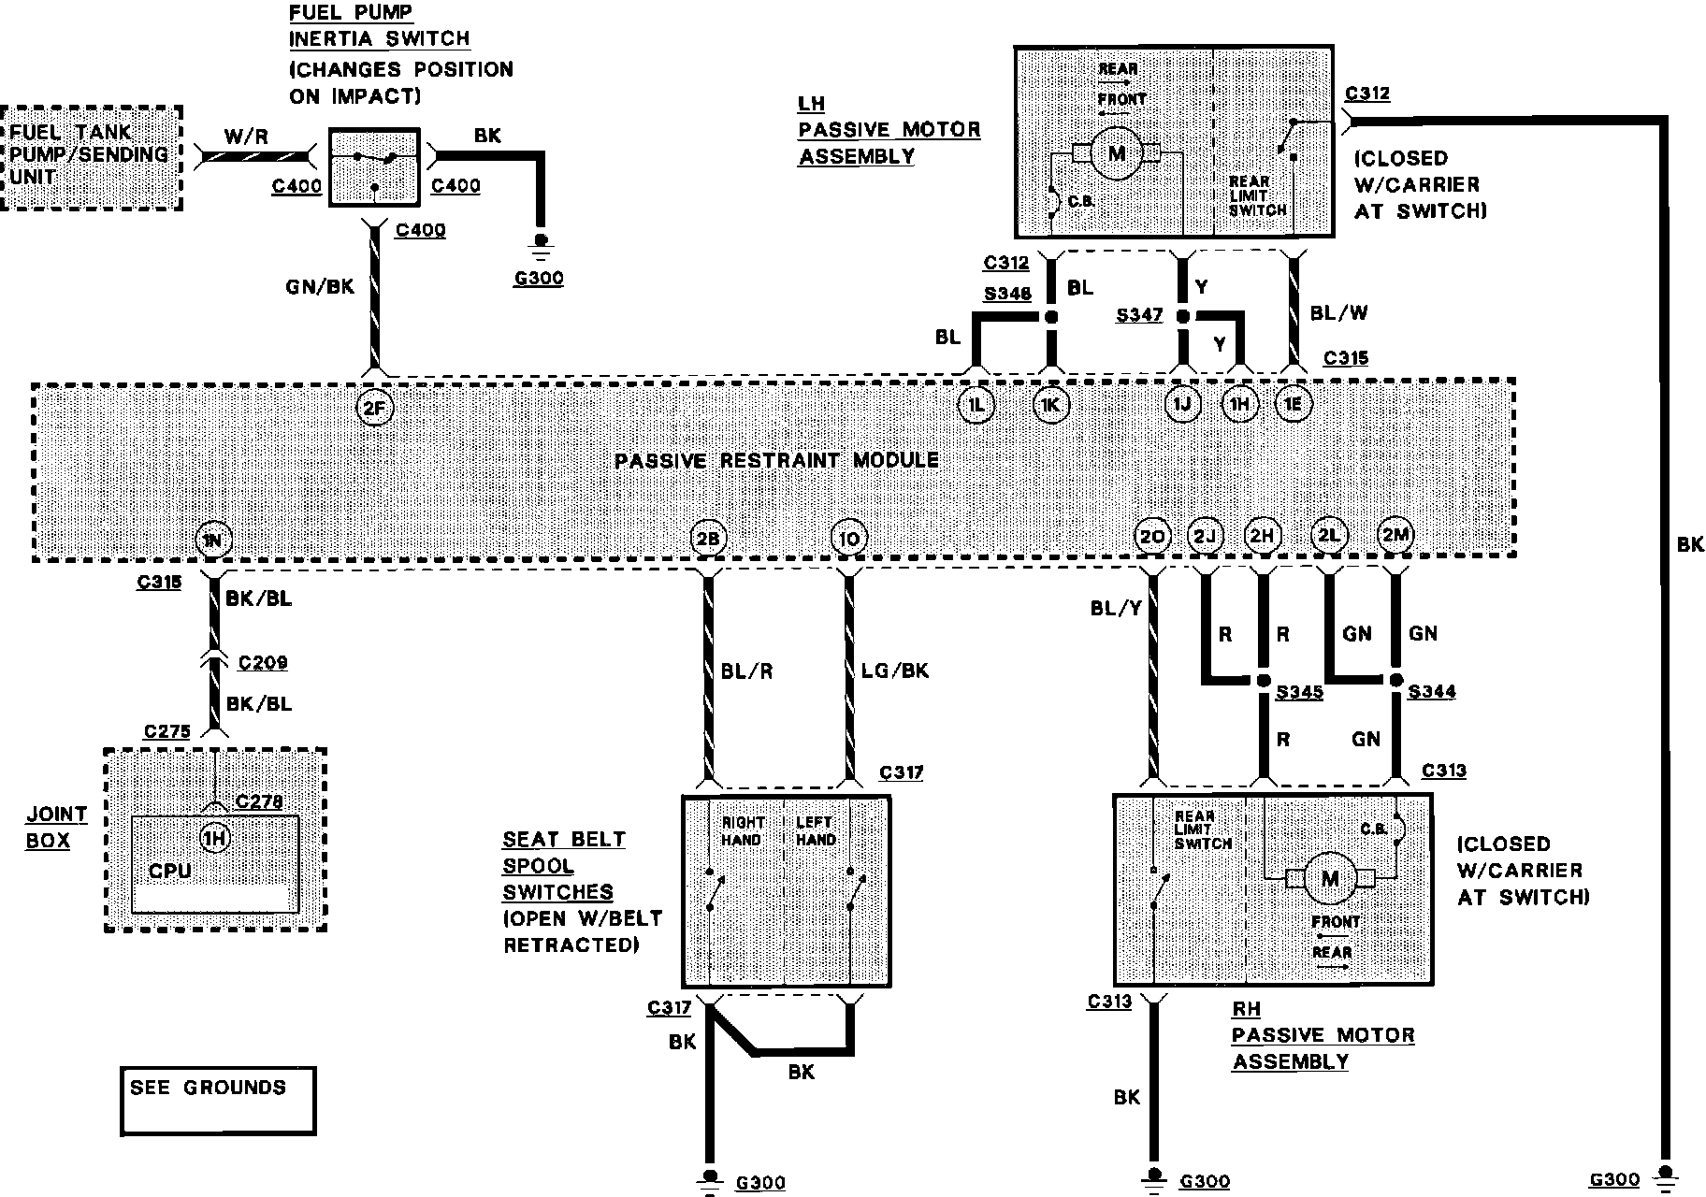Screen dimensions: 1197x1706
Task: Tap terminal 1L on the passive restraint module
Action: pyautogui.click(x=976, y=405)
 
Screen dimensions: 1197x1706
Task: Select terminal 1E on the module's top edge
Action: pyautogui.click(x=1294, y=404)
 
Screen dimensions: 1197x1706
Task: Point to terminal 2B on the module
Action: pyautogui.click(x=707, y=539)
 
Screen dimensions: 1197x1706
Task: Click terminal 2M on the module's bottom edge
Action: pyautogui.click(x=1395, y=535)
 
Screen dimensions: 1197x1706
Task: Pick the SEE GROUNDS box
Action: pyautogui.click(x=218, y=1101)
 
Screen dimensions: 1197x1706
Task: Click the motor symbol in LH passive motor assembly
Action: pyautogui.click(x=1116, y=152)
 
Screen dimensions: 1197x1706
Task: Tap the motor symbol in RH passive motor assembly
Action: pyautogui.click(x=1329, y=878)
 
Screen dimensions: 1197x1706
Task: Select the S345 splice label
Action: pyautogui.click(x=1300, y=693)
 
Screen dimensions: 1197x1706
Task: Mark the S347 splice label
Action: pyautogui.click(x=1138, y=316)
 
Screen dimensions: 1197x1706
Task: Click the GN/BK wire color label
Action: pyautogui.click(x=320, y=286)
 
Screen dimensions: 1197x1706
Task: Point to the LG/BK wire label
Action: pyautogui.click(x=895, y=671)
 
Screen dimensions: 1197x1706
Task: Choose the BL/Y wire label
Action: pyautogui.click(x=1116, y=609)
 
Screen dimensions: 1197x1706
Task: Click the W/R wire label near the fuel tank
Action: pyautogui.click(x=245, y=137)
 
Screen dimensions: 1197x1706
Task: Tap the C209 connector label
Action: pyautogui.click(x=263, y=663)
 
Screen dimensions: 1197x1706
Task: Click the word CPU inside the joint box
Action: pyautogui.click(x=169, y=871)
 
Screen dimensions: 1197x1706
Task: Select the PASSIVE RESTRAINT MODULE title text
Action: pyautogui.click(x=776, y=460)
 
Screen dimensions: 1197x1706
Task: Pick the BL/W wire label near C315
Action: pyautogui.click(x=1338, y=312)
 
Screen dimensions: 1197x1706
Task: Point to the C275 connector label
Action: pyautogui.click(x=167, y=731)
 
